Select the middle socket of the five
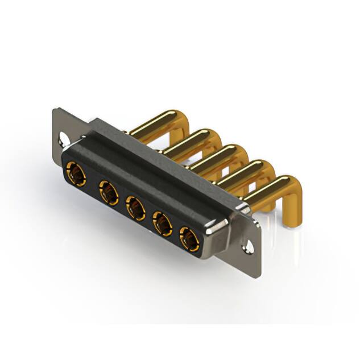[x=135, y=208]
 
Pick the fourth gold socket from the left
[x=163, y=224]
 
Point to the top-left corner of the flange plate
[x=55, y=110]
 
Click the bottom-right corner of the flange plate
[x=259, y=263]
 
